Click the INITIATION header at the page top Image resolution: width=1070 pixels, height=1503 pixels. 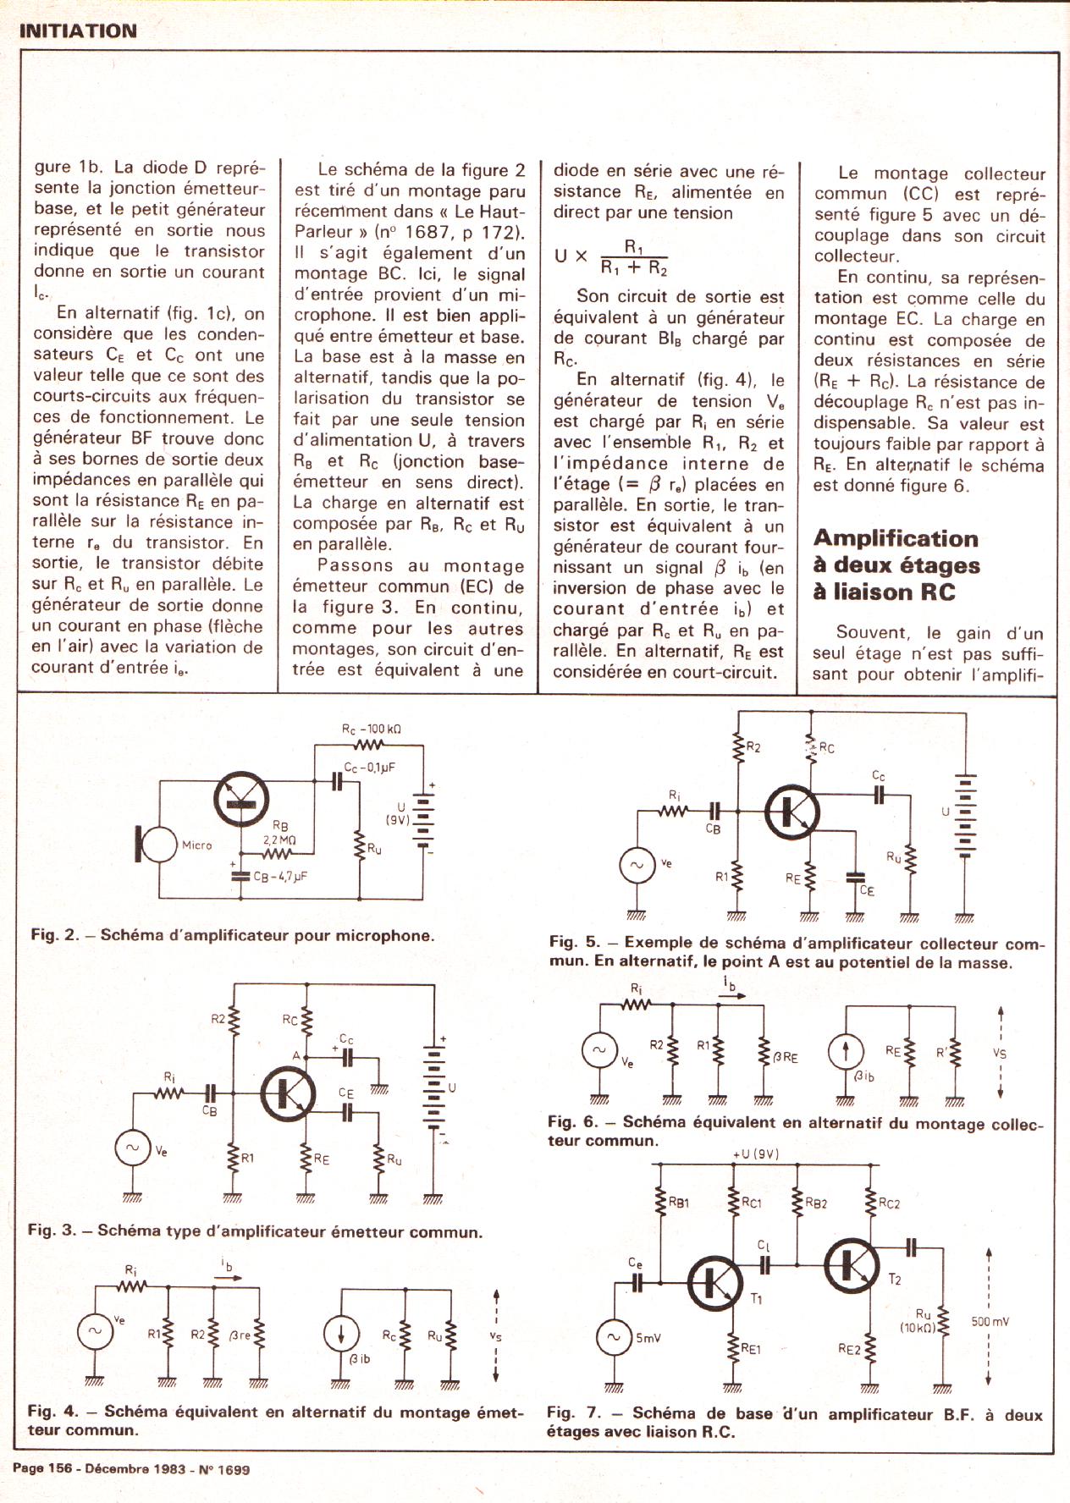pyautogui.click(x=77, y=31)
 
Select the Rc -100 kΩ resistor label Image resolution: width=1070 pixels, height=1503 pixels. pyautogui.click(x=371, y=729)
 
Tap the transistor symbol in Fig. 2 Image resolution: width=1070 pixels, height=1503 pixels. pyautogui.click(x=242, y=799)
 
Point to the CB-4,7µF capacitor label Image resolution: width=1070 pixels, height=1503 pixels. pyautogui.click(x=280, y=878)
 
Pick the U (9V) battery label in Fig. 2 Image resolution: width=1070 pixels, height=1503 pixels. pyautogui.click(x=398, y=813)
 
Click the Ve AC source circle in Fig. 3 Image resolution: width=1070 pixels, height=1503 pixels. pyautogui.click(x=132, y=1148)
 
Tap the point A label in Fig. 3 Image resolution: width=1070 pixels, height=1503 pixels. pyautogui.click(x=296, y=1055)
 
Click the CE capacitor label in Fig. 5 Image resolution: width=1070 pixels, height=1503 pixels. pyautogui.click(x=867, y=890)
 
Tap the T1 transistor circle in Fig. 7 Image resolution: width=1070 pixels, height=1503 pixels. pyautogui.click(x=715, y=1282)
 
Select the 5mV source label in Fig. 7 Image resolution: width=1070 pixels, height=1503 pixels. pyautogui.click(x=648, y=1338)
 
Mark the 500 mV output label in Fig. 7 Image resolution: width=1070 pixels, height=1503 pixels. pyautogui.click(x=990, y=1321)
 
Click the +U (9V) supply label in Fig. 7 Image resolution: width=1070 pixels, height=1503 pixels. pyautogui.click(x=756, y=1154)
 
